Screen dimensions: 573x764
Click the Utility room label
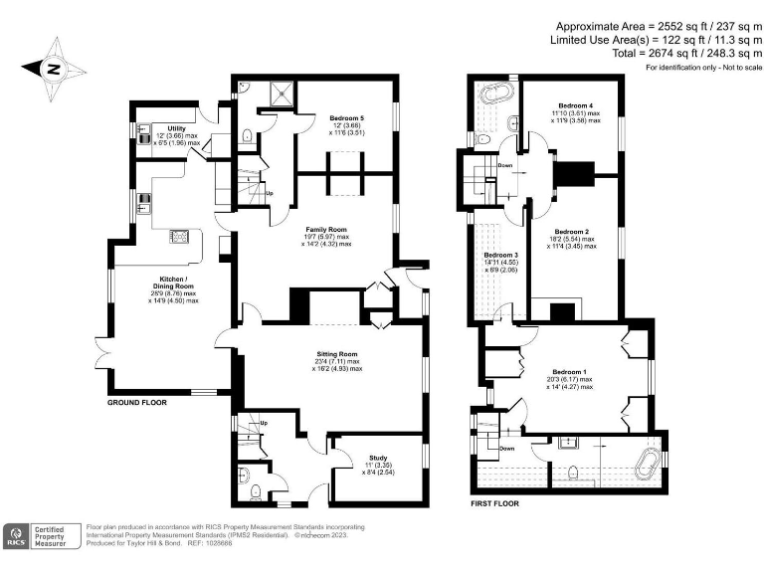click(177, 128)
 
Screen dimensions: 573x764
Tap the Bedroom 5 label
click(346, 118)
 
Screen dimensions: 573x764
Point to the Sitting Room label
click(336, 354)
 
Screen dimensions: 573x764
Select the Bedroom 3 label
click(501, 256)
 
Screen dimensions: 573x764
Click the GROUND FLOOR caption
click(136, 404)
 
